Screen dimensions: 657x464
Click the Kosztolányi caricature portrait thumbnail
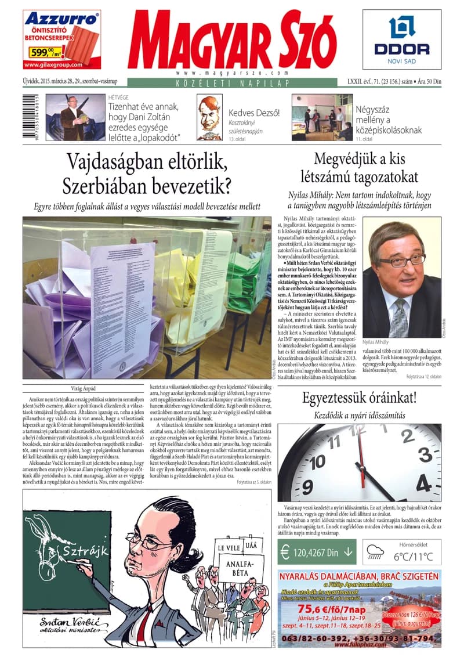click(x=208, y=117)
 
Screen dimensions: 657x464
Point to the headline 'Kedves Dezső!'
click(x=255, y=113)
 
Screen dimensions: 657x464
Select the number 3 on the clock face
click(x=424, y=453)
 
